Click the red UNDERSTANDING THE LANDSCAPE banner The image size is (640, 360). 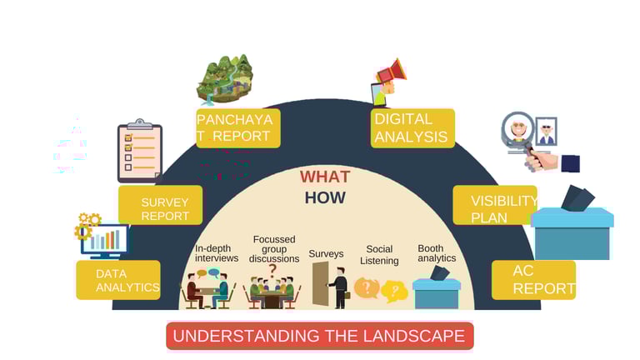point(319,336)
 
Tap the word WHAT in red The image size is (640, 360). point(324,177)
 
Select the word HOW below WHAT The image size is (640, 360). point(324,197)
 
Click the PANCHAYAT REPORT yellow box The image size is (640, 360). point(237,127)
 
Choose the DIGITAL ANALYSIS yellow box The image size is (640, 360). point(412,128)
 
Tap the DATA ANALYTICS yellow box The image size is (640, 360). point(118,280)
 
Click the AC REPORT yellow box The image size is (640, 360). point(533,280)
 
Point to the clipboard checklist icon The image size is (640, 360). point(139,152)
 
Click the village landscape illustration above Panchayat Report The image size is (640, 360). point(224,79)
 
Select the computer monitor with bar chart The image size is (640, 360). point(104,241)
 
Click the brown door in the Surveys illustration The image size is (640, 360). point(320,284)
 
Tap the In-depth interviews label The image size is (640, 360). point(217,253)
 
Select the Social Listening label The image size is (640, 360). point(379,255)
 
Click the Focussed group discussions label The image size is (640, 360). point(274,249)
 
